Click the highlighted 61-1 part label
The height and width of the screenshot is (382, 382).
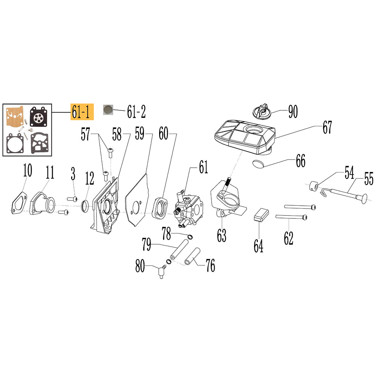(82, 112)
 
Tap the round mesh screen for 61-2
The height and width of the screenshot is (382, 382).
(108, 110)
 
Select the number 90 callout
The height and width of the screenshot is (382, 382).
(293, 111)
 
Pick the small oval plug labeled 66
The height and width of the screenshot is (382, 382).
(258, 164)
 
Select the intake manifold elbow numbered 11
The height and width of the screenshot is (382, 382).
(42, 203)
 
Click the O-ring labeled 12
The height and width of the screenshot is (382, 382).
(85, 206)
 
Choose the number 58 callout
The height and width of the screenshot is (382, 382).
(117, 134)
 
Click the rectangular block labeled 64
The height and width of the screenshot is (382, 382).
(261, 214)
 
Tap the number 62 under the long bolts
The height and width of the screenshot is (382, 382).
(288, 238)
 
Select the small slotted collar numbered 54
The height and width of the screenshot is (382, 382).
(313, 186)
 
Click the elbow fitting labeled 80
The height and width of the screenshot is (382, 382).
(162, 272)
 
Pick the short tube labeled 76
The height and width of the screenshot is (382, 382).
(192, 256)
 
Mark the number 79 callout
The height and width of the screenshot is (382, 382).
(146, 244)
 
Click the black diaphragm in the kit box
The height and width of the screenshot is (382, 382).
(38, 117)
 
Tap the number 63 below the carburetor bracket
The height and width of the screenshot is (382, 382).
(221, 235)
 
